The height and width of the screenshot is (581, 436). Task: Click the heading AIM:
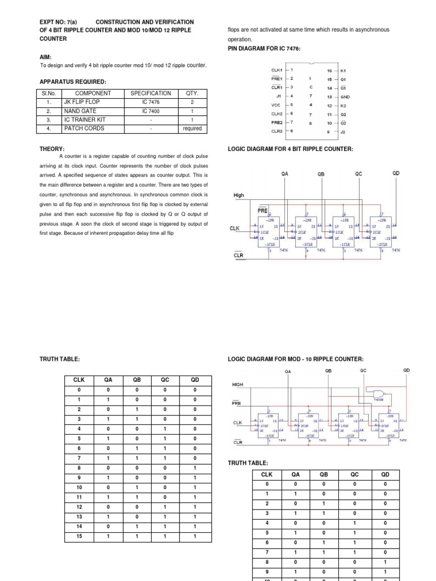46,57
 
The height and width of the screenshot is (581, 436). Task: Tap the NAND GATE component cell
80,111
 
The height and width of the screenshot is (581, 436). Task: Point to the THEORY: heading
52,149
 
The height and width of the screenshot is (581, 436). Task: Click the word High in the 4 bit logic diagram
238,195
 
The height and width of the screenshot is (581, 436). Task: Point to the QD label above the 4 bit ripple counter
396,173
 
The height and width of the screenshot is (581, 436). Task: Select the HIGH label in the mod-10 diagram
238,384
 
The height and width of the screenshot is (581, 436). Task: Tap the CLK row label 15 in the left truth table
79,536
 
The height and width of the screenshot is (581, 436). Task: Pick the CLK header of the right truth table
267,474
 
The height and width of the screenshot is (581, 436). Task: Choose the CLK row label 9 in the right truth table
267,572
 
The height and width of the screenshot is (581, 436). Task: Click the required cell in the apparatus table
192,129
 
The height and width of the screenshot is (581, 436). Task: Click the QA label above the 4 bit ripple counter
285,174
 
